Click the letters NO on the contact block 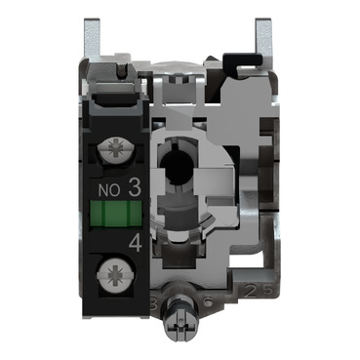[110, 182]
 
